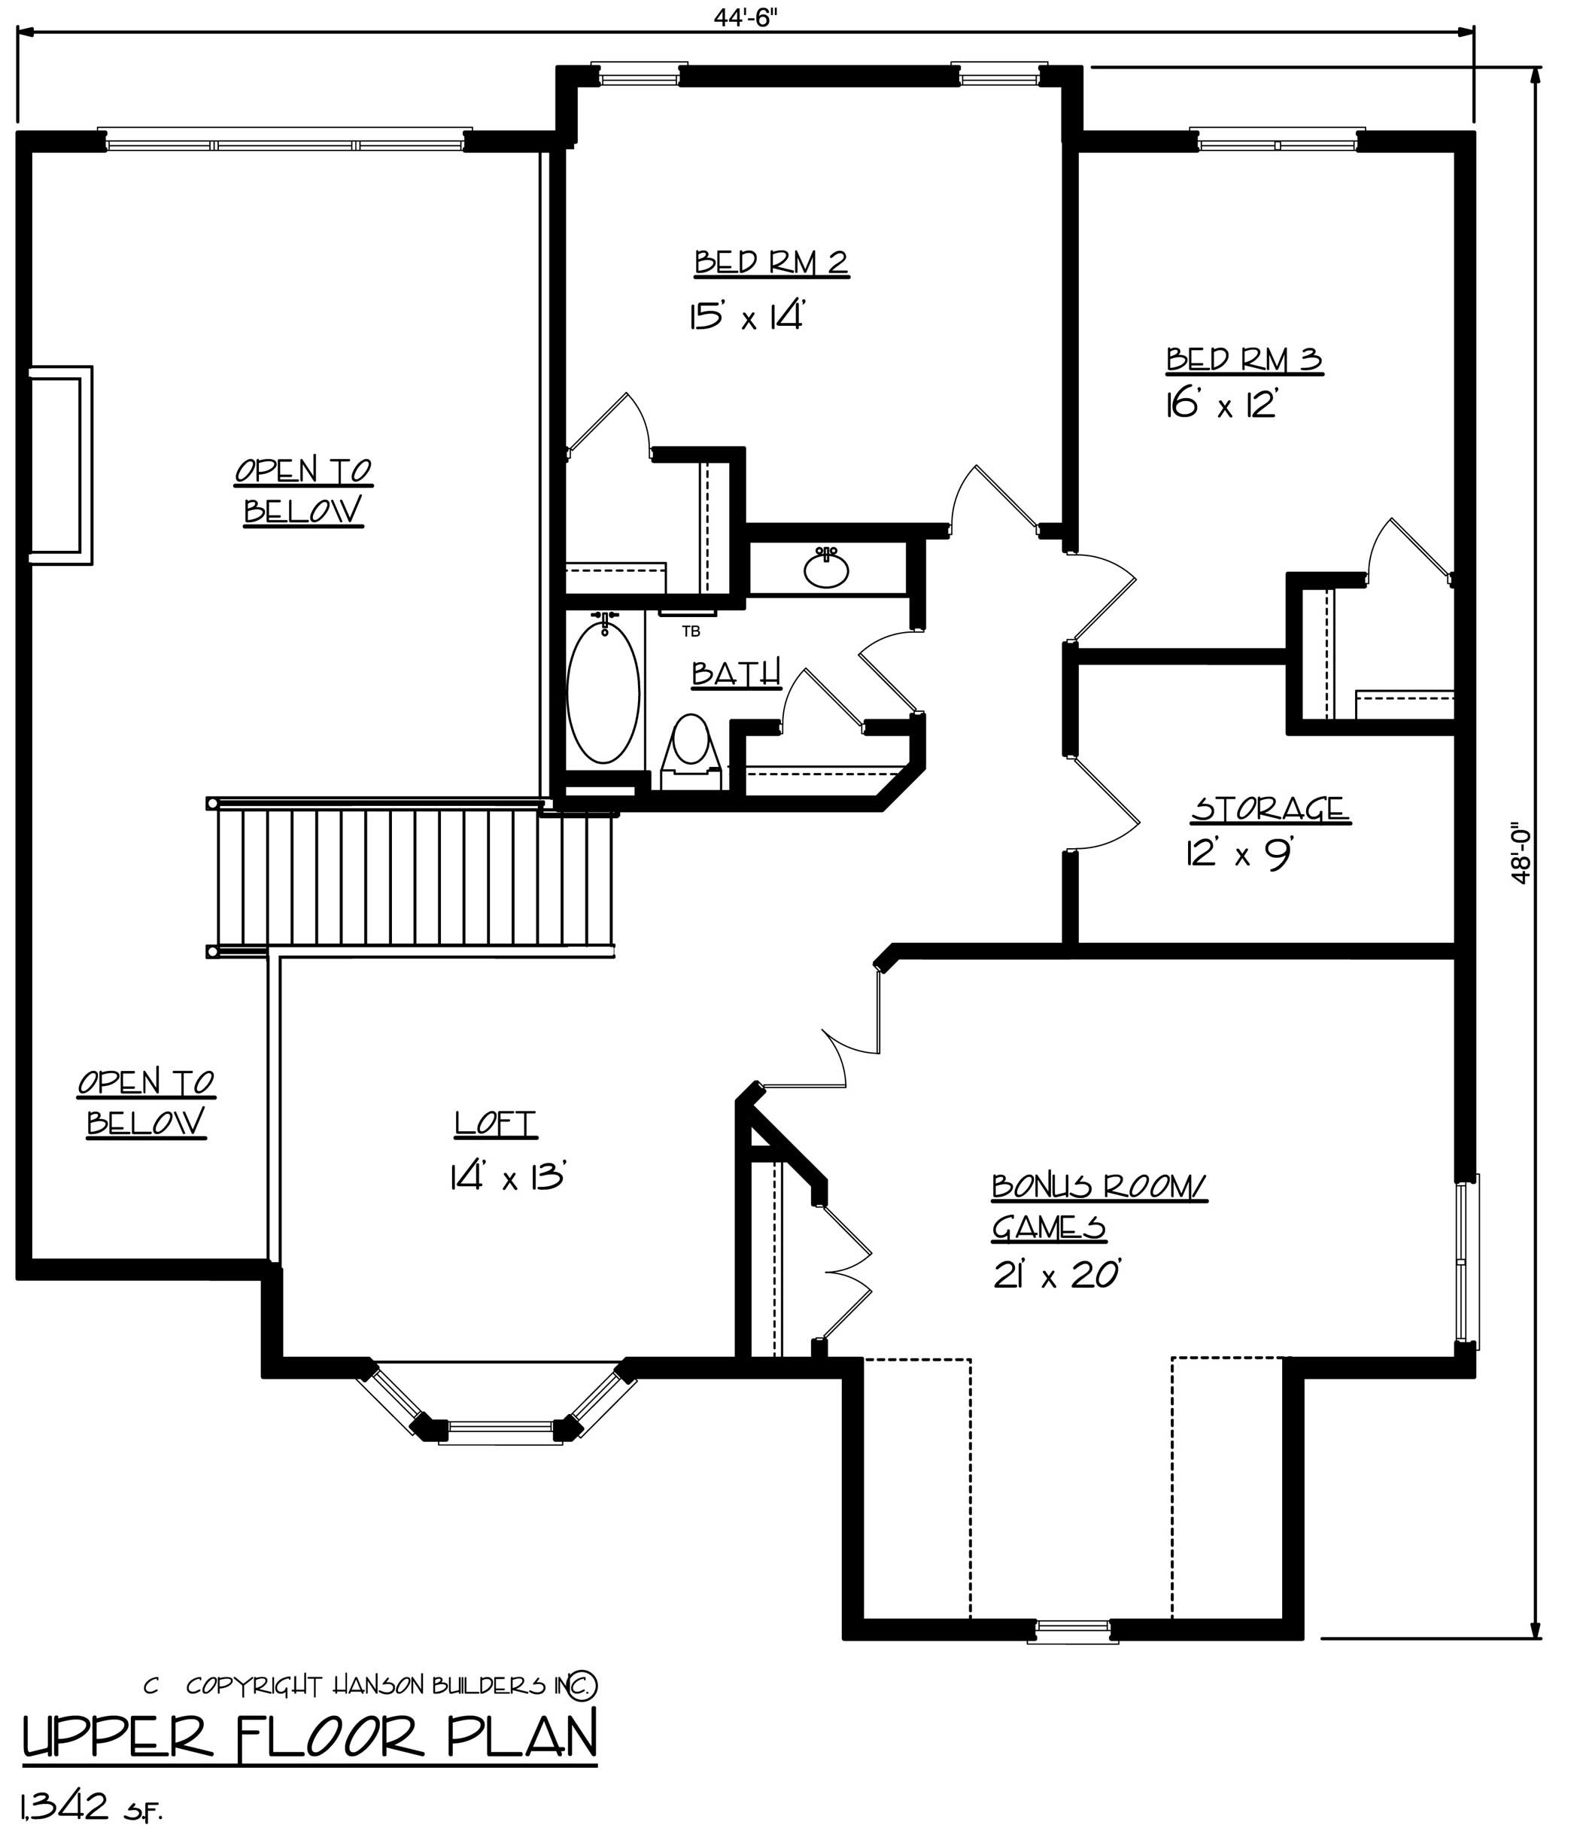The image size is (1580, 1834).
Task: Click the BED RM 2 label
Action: pos(771,263)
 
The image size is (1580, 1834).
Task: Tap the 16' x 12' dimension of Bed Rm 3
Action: pos(1223,406)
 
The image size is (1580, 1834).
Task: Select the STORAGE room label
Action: pos(1269,809)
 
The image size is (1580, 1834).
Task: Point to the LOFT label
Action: pos(495,1124)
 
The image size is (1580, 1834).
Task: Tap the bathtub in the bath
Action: pos(603,693)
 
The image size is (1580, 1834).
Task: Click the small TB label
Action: pos(691,632)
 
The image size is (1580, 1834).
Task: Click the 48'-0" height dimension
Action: pos(1521,855)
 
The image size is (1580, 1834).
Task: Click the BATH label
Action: pos(736,674)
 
